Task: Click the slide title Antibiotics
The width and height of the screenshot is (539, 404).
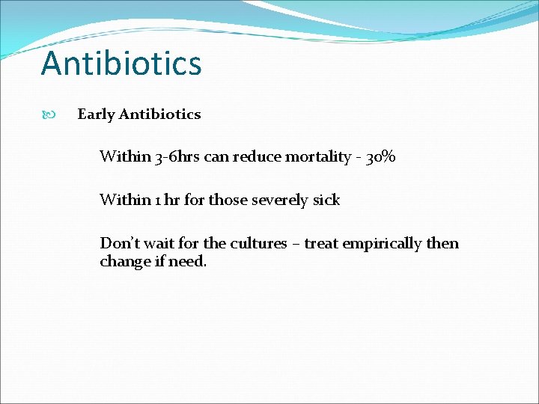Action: click(121, 64)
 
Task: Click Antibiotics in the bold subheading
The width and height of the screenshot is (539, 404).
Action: click(159, 114)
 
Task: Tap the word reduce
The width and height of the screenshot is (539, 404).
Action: click(256, 157)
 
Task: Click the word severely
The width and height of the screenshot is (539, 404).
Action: click(280, 201)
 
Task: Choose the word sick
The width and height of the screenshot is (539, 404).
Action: click(326, 201)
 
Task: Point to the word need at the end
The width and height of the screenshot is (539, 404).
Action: click(188, 262)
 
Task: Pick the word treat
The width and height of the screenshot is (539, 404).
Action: click(321, 244)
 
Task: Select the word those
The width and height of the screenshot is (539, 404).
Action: click(227, 201)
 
